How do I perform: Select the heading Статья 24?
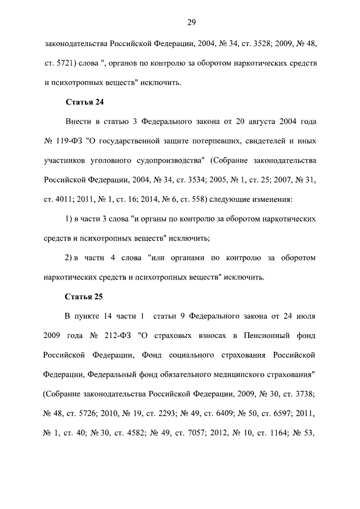click(x=84, y=102)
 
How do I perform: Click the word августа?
click(x=264, y=121)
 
